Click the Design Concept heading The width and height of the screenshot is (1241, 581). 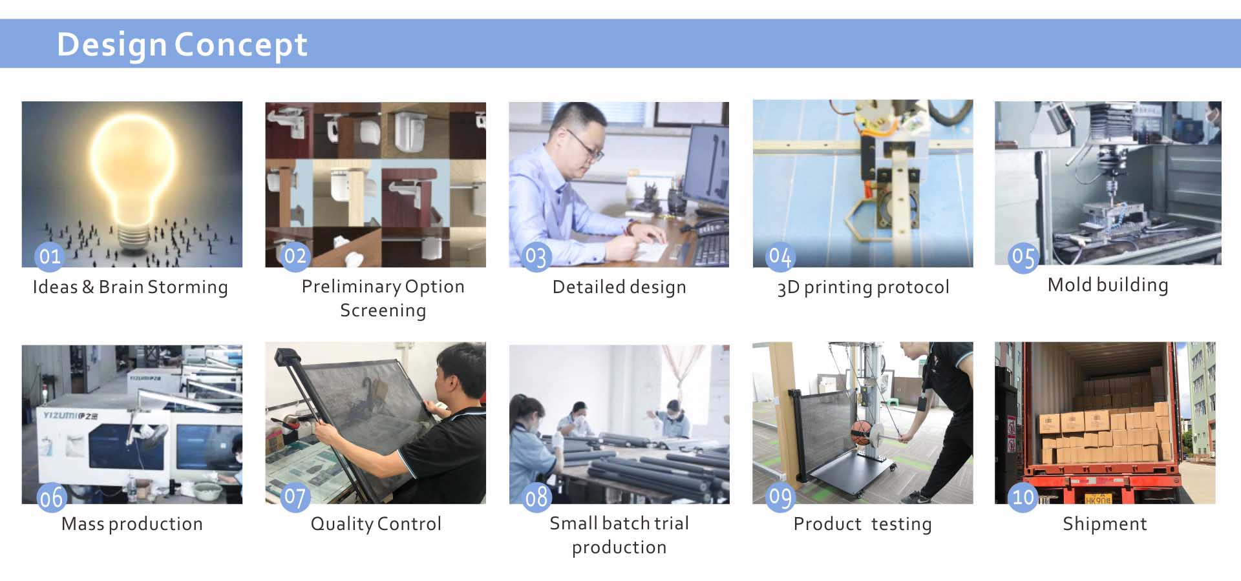click(x=182, y=45)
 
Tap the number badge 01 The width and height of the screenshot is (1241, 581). click(x=50, y=256)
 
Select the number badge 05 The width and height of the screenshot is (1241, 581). click(x=1023, y=258)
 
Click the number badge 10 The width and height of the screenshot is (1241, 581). click(x=1023, y=497)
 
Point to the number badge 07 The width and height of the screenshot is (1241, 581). click(x=295, y=497)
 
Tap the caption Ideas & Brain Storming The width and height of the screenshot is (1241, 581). click(x=131, y=287)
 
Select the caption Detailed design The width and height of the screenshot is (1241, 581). click(x=619, y=287)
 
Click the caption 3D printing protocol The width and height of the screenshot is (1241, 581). click(x=863, y=287)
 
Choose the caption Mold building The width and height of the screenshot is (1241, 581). click(x=1108, y=285)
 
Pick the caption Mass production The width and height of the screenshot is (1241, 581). click(x=132, y=524)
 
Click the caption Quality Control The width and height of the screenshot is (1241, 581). click(x=376, y=524)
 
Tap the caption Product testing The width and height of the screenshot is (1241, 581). click(x=862, y=524)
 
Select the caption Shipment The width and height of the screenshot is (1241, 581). click(x=1105, y=524)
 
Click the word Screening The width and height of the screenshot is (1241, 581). click(x=383, y=311)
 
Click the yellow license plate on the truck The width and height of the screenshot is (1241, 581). click(x=1098, y=499)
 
